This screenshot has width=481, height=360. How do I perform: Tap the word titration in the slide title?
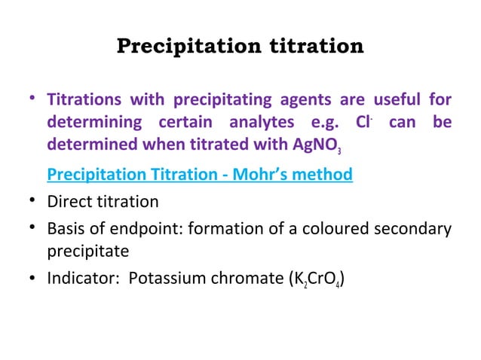point(313,47)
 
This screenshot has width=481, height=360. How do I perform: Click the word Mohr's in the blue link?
point(263,175)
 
